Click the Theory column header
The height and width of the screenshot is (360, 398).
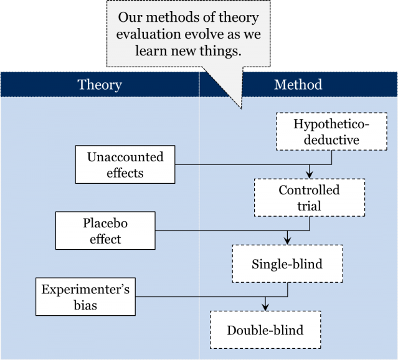coord(100,85)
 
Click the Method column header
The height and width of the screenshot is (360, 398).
coord(298,85)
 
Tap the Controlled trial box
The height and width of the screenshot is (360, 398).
coord(309,197)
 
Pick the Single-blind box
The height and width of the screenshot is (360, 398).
coord(287,263)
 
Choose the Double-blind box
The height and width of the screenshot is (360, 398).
coord(265,329)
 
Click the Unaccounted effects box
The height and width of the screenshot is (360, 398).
coord(125,164)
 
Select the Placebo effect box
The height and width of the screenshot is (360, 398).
coord(105,230)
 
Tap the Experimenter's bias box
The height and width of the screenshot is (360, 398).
coord(85,296)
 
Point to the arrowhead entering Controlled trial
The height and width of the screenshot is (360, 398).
coord(309,175)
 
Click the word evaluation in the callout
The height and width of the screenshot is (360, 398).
coord(151,34)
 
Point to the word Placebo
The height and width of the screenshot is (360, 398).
coord(105,223)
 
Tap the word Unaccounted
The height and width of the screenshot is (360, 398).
coord(125,157)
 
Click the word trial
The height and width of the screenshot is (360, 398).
coord(309,206)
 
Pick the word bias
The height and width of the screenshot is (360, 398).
coord(85,305)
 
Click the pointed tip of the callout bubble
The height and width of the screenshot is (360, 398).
coord(240,108)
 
